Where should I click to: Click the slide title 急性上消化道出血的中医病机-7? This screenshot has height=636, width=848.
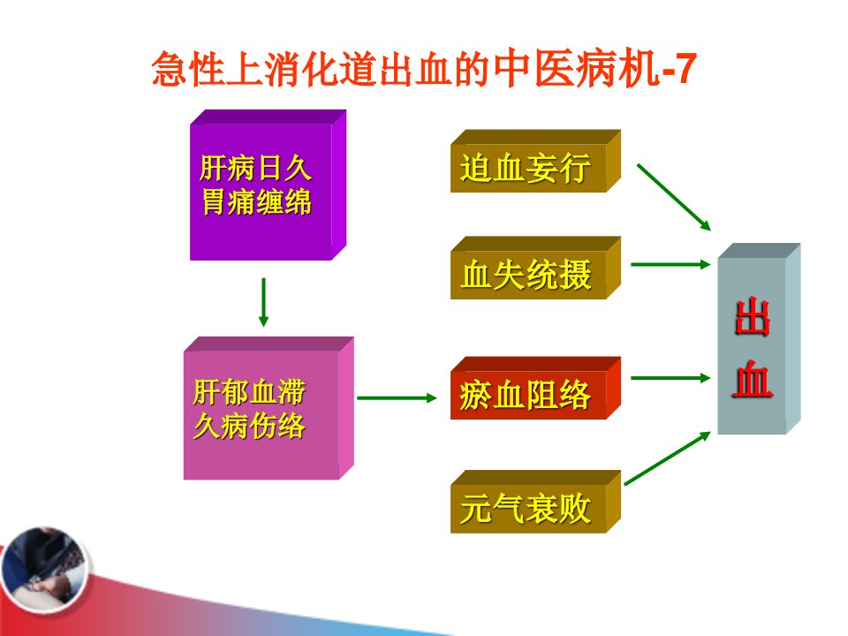pyautogui.click(x=423, y=69)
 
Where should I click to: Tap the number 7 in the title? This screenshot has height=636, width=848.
pyautogui.click(x=684, y=69)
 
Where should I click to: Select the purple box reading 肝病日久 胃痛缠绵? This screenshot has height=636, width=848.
pyautogui.click(x=268, y=185)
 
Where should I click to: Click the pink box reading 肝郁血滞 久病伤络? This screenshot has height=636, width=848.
pyautogui.click(x=269, y=408)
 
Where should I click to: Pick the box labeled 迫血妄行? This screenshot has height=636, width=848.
pyautogui.click(x=535, y=161)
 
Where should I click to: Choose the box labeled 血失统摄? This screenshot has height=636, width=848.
pyautogui.click(x=535, y=268)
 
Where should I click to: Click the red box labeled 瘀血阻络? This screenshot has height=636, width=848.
pyautogui.click(x=535, y=389)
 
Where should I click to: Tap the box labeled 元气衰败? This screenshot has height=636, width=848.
pyautogui.click(x=535, y=502)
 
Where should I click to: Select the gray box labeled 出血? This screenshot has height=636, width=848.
pyautogui.click(x=759, y=339)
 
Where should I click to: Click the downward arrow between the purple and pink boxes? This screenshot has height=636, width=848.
pyautogui.click(x=263, y=302)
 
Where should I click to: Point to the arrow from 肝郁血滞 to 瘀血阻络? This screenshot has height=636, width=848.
pyautogui.click(x=397, y=398)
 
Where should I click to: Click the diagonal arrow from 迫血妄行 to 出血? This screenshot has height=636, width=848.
pyautogui.click(x=674, y=197)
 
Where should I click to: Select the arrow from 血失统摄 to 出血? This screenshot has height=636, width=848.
pyautogui.click(x=670, y=264)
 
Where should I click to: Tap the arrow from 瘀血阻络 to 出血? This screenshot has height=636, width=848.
pyautogui.click(x=670, y=377)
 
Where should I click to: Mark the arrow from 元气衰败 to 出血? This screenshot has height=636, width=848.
pyautogui.click(x=668, y=458)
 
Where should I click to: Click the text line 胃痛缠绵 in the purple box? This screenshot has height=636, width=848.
pyautogui.click(x=256, y=202)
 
